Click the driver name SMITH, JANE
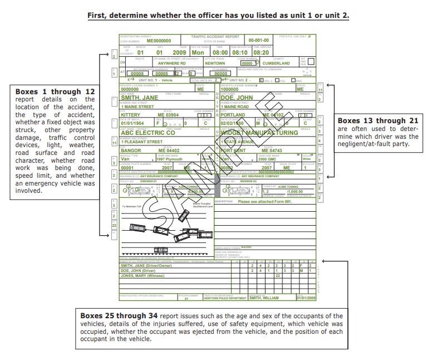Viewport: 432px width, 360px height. tap(139, 98)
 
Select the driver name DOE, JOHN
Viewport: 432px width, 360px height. tap(237, 98)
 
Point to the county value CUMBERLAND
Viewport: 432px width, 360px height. tap(276, 64)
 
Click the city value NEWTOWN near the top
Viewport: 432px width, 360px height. tap(215, 64)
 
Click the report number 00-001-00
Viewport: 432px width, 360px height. tap(258, 41)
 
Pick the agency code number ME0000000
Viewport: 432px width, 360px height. tap(159, 41)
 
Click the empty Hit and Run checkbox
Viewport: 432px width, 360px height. tap(311, 62)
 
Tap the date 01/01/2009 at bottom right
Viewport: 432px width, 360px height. tap(306, 298)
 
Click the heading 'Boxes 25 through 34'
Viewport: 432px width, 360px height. tap(117, 316)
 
